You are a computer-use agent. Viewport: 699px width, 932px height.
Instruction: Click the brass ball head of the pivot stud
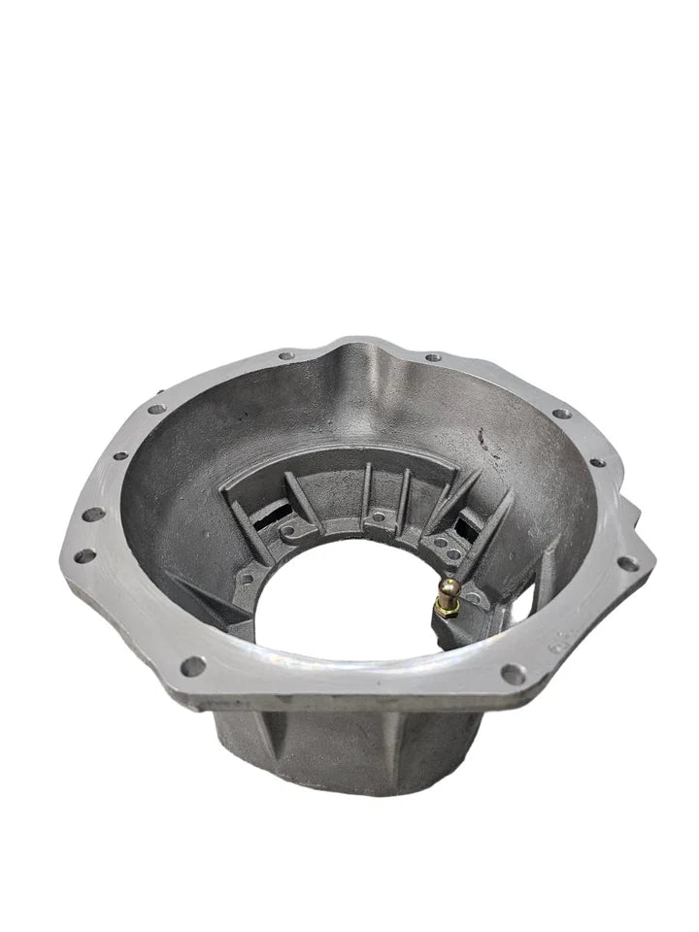pos(449,585)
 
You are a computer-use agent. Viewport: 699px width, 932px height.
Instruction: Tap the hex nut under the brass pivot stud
pos(449,608)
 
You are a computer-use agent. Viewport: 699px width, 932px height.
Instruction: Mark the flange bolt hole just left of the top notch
pos(285,356)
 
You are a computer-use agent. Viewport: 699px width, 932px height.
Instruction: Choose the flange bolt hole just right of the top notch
pos(433,357)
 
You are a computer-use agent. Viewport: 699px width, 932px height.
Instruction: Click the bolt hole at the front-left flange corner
pos(192,666)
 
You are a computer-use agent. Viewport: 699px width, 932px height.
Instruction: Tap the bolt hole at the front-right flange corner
pos(512,672)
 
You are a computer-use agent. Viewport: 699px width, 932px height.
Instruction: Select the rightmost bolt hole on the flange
pos(628,563)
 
